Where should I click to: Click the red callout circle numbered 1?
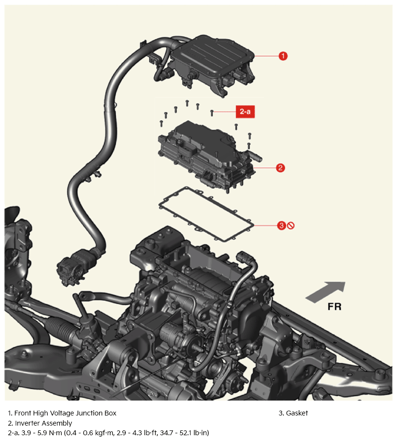point(283,56)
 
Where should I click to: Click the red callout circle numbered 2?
point(280,168)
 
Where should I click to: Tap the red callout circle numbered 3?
point(281,225)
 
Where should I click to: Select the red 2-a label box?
point(245,112)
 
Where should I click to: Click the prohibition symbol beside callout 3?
point(291,225)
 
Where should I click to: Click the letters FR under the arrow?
point(334,307)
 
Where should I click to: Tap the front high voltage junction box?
point(212,65)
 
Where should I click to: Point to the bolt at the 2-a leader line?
point(212,113)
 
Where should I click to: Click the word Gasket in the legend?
point(297,413)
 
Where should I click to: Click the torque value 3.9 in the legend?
point(26,432)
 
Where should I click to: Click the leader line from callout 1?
point(266,56)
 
